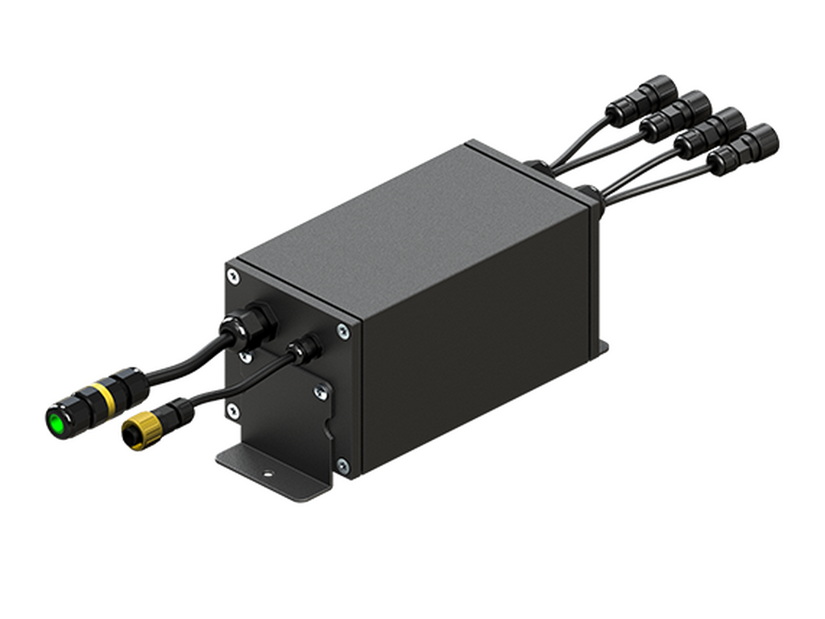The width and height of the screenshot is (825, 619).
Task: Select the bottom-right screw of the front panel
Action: [342, 465]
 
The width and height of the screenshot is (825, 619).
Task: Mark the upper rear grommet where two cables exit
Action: [535, 164]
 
